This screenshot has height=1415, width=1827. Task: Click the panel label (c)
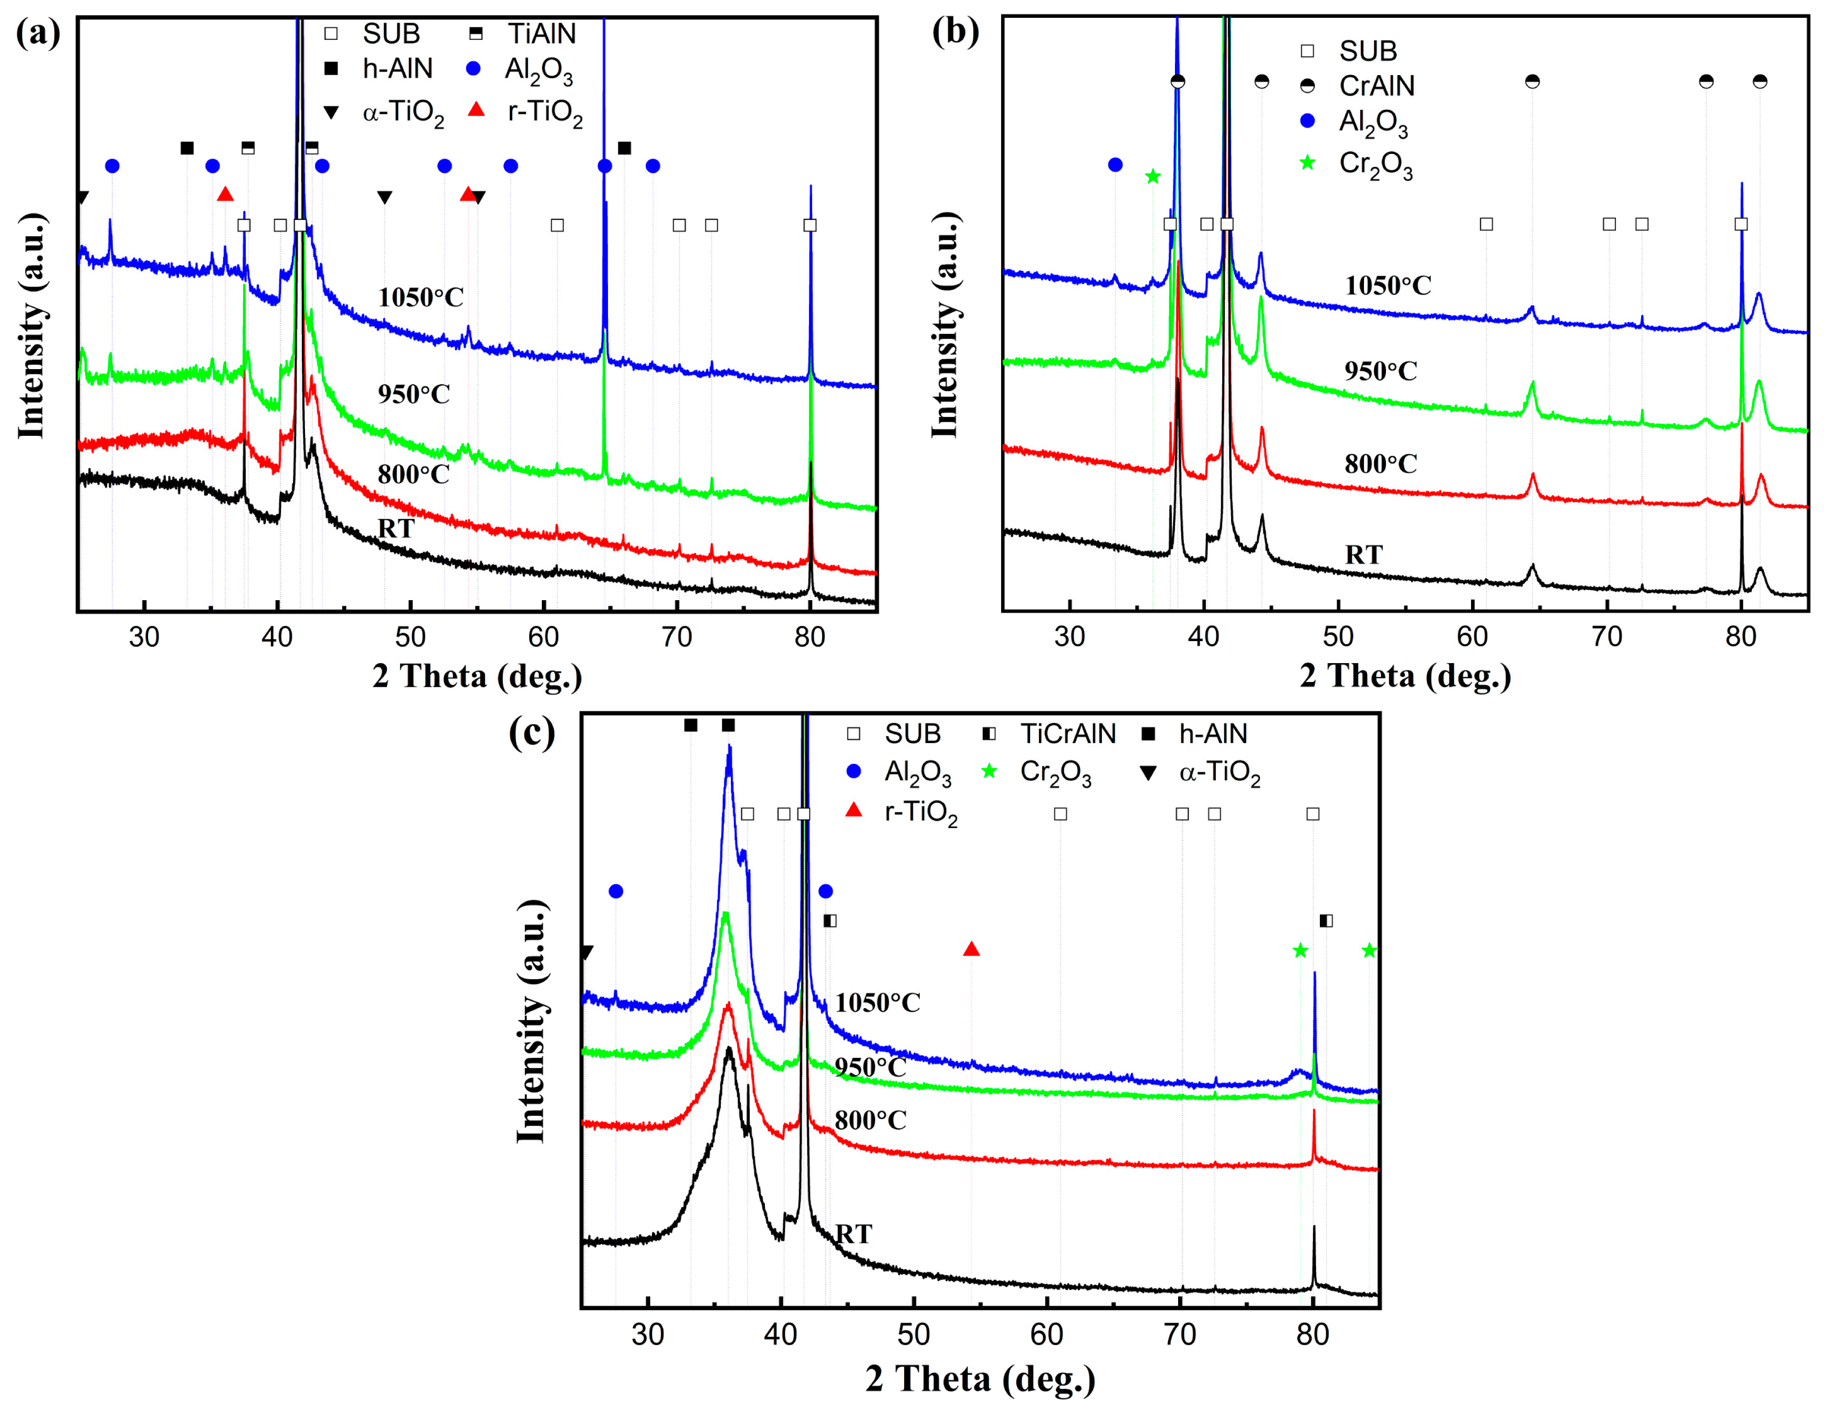531,733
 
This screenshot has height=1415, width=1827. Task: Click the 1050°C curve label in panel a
421,297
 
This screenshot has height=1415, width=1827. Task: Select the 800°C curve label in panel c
870,1119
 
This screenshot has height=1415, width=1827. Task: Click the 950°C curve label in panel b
1380,371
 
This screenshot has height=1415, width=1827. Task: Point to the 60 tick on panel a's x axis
544,637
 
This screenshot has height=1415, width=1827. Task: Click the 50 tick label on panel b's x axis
1338,637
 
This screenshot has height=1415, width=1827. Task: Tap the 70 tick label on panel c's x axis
1180,1335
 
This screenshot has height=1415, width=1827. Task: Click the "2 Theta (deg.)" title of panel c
980,1378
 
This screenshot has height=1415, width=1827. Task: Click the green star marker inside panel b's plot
1153,176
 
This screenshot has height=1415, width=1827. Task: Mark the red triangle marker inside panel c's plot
971,949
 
